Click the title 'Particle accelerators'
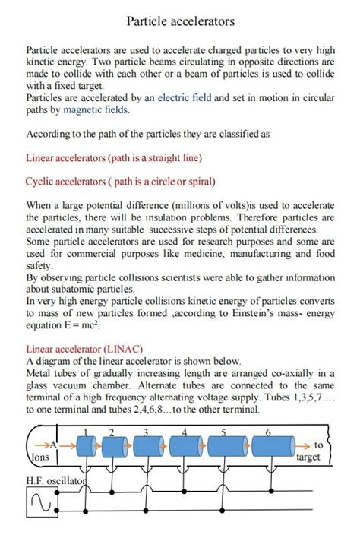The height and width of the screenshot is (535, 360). (180, 21)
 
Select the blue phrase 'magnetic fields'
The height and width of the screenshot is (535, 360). (96, 109)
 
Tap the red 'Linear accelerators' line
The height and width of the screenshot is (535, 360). (114, 158)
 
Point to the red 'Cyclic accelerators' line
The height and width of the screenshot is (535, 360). (121, 182)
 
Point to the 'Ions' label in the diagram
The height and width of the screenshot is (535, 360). (40, 457)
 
